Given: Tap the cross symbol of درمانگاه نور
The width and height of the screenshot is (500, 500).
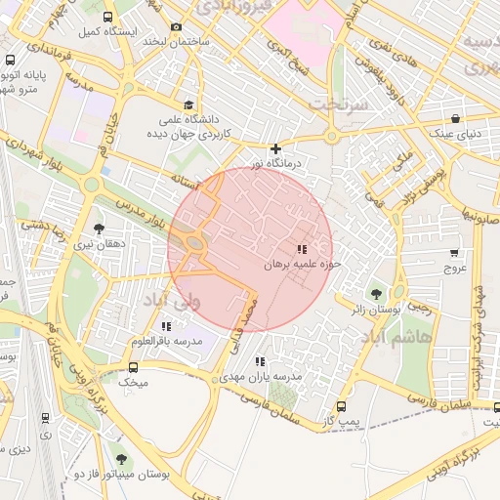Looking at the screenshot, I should (x=276, y=149).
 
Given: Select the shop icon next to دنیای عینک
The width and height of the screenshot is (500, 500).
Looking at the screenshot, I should (x=456, y=117).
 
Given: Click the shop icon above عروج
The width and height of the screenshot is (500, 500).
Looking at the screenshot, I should (x=454, y=251).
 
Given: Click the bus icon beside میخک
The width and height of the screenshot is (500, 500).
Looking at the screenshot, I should (x=134, y=367).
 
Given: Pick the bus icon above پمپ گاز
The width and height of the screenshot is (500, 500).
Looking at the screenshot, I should (x=341, y=406).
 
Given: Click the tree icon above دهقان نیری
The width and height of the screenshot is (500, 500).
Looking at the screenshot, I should (x=99, y=229).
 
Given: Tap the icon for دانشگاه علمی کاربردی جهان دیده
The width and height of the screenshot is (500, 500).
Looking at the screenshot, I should (x=187, y=105).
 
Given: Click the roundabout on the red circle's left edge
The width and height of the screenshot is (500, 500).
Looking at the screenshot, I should (x=194, y=242).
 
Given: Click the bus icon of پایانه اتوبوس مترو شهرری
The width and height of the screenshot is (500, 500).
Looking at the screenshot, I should (x=10, y=60).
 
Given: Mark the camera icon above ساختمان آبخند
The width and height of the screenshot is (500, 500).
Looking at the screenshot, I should (x=176, y=27).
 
